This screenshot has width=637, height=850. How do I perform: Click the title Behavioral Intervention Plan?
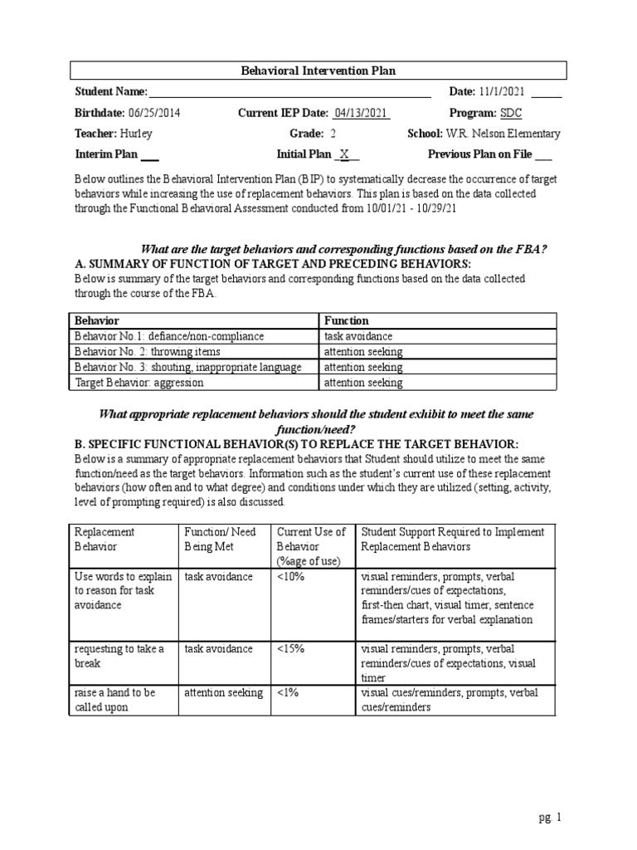[x=318, y=71]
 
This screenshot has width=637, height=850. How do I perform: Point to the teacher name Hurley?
[x=136, y=134]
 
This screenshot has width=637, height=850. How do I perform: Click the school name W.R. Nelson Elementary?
[x=503, y=134]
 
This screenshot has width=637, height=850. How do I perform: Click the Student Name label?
[x=111, y=91]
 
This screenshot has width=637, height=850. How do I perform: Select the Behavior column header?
[x=97, y=320]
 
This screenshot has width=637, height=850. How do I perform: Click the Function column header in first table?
[x=347, y=320]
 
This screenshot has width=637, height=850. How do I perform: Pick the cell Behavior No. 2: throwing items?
[x=148, y=352]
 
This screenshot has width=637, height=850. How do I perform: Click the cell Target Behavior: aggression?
[x=139, y=383]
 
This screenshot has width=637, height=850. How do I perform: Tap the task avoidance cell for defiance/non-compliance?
[x=358, y=336]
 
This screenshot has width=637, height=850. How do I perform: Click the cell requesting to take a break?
[x=120, y=656]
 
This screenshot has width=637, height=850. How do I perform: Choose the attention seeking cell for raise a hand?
[x=223, y=692]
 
